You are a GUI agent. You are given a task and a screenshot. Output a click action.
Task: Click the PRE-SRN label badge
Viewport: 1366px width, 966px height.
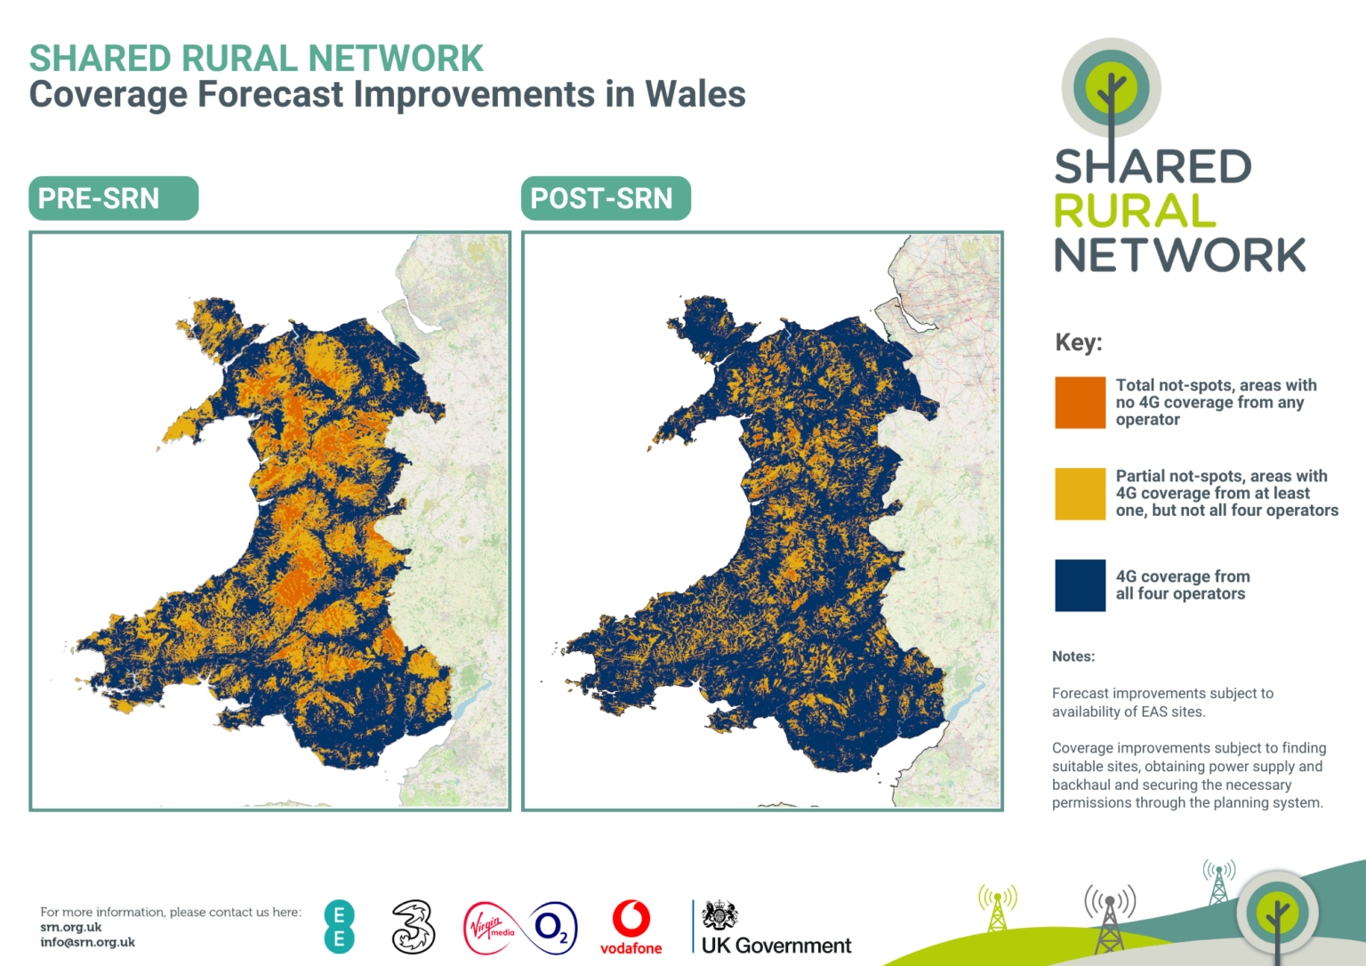(113, 198)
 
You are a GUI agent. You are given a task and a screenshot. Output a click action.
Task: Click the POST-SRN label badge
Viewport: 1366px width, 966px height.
(605, 198)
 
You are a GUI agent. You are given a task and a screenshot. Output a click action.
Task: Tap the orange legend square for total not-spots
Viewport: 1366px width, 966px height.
(1080, 403)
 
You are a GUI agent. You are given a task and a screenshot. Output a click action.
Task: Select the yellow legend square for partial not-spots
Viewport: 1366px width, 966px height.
(1080, 494)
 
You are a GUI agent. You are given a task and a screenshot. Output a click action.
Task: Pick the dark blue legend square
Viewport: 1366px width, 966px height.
(1080, 585)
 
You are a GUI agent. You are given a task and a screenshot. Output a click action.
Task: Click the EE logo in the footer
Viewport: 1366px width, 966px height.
(339, 927)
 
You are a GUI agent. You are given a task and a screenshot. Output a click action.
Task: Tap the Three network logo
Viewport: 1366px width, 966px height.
(414, 927)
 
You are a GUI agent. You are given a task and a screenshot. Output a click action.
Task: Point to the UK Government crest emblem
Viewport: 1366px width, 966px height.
(719, 914)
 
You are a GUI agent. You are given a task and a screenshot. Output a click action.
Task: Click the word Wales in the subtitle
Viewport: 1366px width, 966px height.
(695, 94)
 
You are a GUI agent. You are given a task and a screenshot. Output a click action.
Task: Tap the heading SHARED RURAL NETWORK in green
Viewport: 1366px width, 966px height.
(256, 59)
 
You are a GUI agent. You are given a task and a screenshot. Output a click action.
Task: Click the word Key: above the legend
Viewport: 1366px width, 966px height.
(1078, 342)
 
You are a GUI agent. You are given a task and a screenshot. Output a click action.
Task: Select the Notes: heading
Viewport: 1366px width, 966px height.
(1073, 656)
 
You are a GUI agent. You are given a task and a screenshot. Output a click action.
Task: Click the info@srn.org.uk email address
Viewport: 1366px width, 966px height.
(87, 942)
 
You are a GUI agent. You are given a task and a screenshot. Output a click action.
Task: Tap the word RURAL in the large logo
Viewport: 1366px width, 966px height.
(1135, 212)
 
